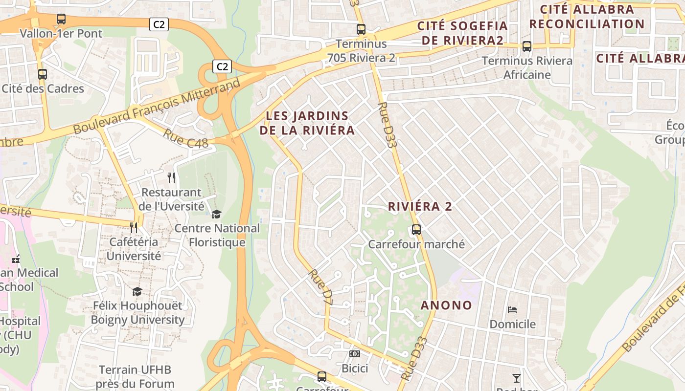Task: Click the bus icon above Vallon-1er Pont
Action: coord(61,19)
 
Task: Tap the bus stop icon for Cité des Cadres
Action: coord(43,74)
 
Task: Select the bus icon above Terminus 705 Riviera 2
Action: coord(361,29)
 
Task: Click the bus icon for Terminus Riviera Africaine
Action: coord(527,46)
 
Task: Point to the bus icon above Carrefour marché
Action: coord(416,229)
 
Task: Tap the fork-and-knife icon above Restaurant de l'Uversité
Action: coord(171,177)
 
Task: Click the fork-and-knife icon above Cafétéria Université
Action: coord(134,228)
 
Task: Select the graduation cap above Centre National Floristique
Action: coord(216,214)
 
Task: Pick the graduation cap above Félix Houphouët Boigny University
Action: coord(137,291)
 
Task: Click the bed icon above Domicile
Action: coord(512,309)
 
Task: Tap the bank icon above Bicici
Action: coord(355,353)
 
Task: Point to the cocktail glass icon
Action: coord(516,378)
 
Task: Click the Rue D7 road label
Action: coord(321,288)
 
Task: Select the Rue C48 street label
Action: coord(185,138)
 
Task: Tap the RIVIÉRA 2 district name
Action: coord(420,206)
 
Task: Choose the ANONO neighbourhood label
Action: coord(446,305)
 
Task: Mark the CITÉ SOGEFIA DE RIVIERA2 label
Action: coord(462,33)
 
